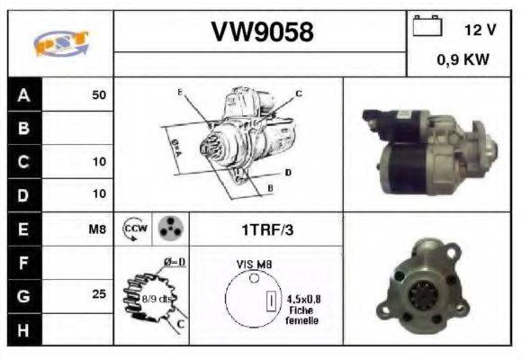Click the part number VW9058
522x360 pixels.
point(262,32)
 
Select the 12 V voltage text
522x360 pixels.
point(480,29)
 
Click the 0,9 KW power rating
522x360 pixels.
point(463,60)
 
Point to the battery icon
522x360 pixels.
point(426,27)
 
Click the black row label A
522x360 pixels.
point(23,94)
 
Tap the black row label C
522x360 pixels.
point(23,162)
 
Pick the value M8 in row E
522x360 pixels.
point(97,229)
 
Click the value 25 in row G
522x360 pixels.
point(99,294)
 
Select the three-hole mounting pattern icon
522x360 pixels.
point(170,229)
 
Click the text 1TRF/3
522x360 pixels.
point(266,229)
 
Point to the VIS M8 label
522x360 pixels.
point(252,264)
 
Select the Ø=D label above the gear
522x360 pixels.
point(174,262)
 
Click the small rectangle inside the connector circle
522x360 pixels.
point(267,301)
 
